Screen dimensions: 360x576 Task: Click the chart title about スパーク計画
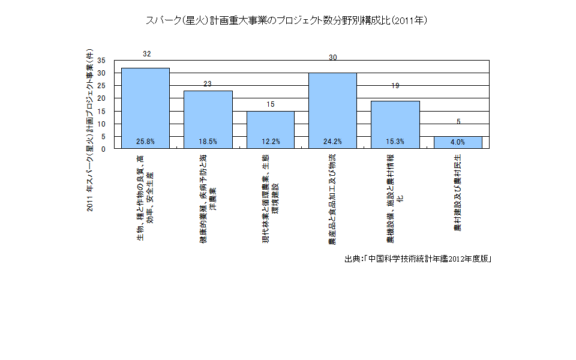(x=287, y=20)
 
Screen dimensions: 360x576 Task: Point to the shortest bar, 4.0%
(x=458, y=143)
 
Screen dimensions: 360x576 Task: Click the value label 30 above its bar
(x=333, y=58)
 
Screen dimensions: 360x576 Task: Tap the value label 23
(x=208, y=84)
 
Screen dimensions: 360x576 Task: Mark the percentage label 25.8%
(x=145, y=142)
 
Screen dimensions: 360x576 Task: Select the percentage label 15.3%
(x=395, y=142)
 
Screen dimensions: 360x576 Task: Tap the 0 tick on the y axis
(x=103, y=149)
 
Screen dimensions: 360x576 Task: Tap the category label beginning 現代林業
(x=270, y=198)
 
